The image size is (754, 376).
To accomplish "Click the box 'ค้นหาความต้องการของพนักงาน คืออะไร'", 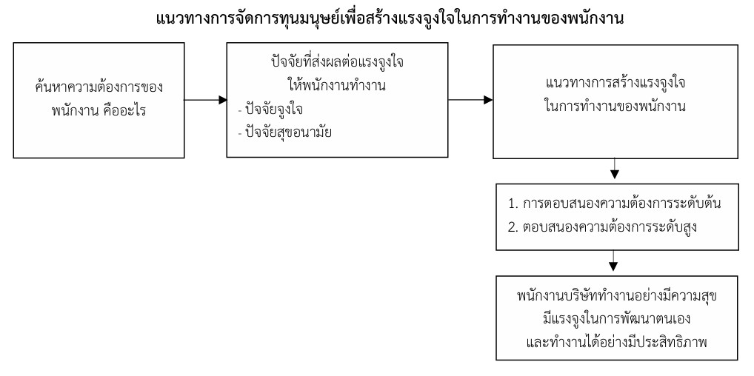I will click(x=99, y=99).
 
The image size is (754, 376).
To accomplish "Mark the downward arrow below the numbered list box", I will click(x=613, y=261).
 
